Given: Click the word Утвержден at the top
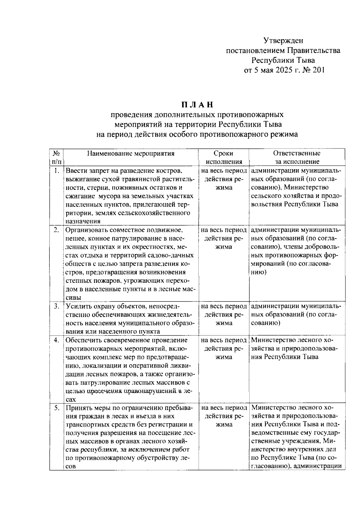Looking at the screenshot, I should pos(283,40).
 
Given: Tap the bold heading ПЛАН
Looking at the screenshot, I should pos(197,105).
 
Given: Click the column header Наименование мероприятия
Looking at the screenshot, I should pos(131,154).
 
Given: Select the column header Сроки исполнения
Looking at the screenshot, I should pos(223,157).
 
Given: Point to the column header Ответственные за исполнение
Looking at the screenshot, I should pos(297,157).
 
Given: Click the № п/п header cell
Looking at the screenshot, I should pos(56,157).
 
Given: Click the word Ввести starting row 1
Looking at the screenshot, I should pos(75,171).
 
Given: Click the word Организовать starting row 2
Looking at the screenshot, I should pos(85,230).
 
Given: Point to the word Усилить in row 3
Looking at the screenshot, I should pos(77,307).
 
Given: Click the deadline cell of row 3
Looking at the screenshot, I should pos(223,315).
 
